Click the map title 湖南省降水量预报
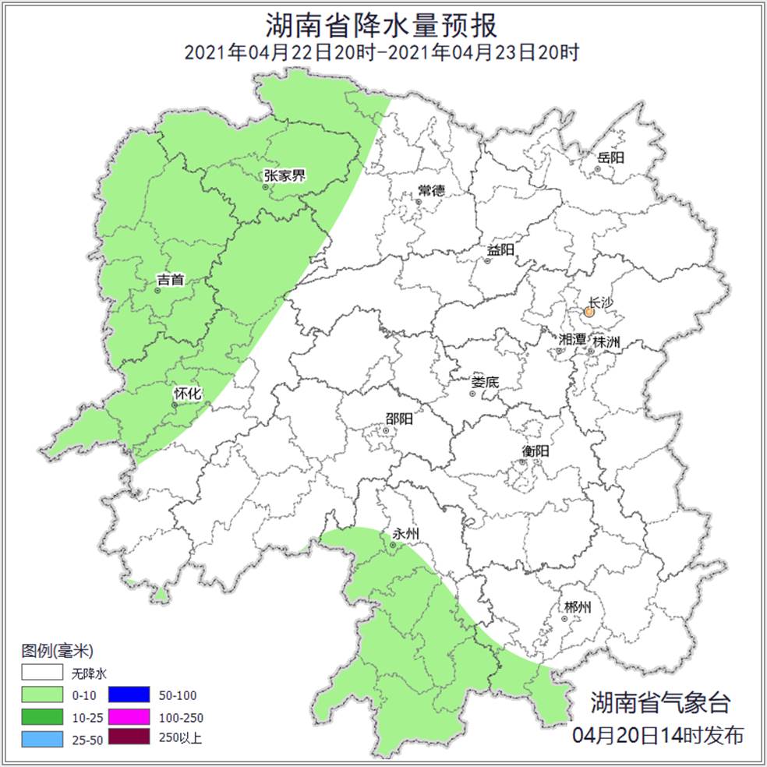382,25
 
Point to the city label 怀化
187,394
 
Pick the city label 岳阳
611,157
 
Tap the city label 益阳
500,250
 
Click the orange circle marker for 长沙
589,312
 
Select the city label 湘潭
572,340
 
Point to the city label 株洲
606,342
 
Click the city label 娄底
485,383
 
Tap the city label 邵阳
399,419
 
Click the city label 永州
406,534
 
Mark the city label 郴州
577,607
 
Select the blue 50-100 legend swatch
128,695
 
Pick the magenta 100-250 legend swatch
128,716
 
